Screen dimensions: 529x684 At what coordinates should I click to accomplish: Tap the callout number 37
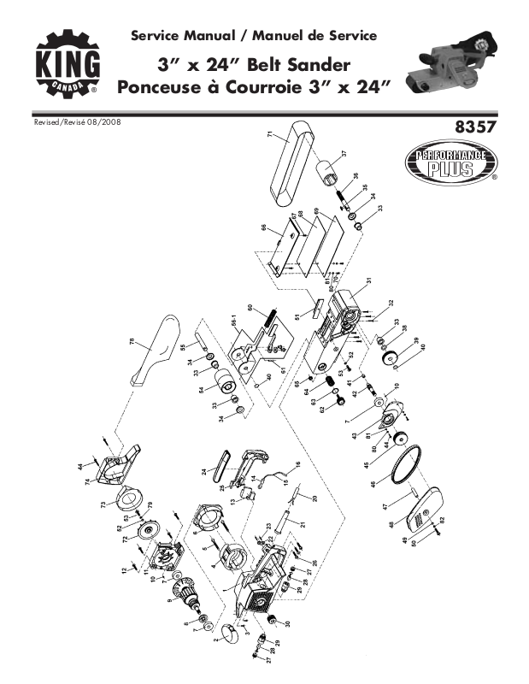coord(344,153)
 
